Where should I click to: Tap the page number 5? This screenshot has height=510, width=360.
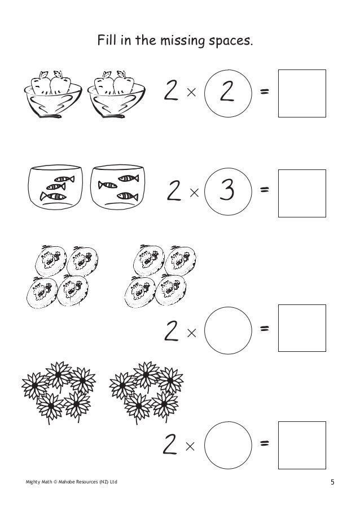[333, 482]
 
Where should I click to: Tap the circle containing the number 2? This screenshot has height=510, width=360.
[228, 91]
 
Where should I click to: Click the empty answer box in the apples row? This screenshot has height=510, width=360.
[302, 93]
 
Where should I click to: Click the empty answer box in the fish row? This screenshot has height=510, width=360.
[302, 193]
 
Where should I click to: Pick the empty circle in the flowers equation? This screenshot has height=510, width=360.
[228, 445]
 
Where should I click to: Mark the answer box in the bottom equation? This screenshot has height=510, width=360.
[302, 445]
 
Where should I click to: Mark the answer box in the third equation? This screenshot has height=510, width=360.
[302, 328]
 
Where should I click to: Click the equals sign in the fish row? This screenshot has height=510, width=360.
[264, 191]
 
